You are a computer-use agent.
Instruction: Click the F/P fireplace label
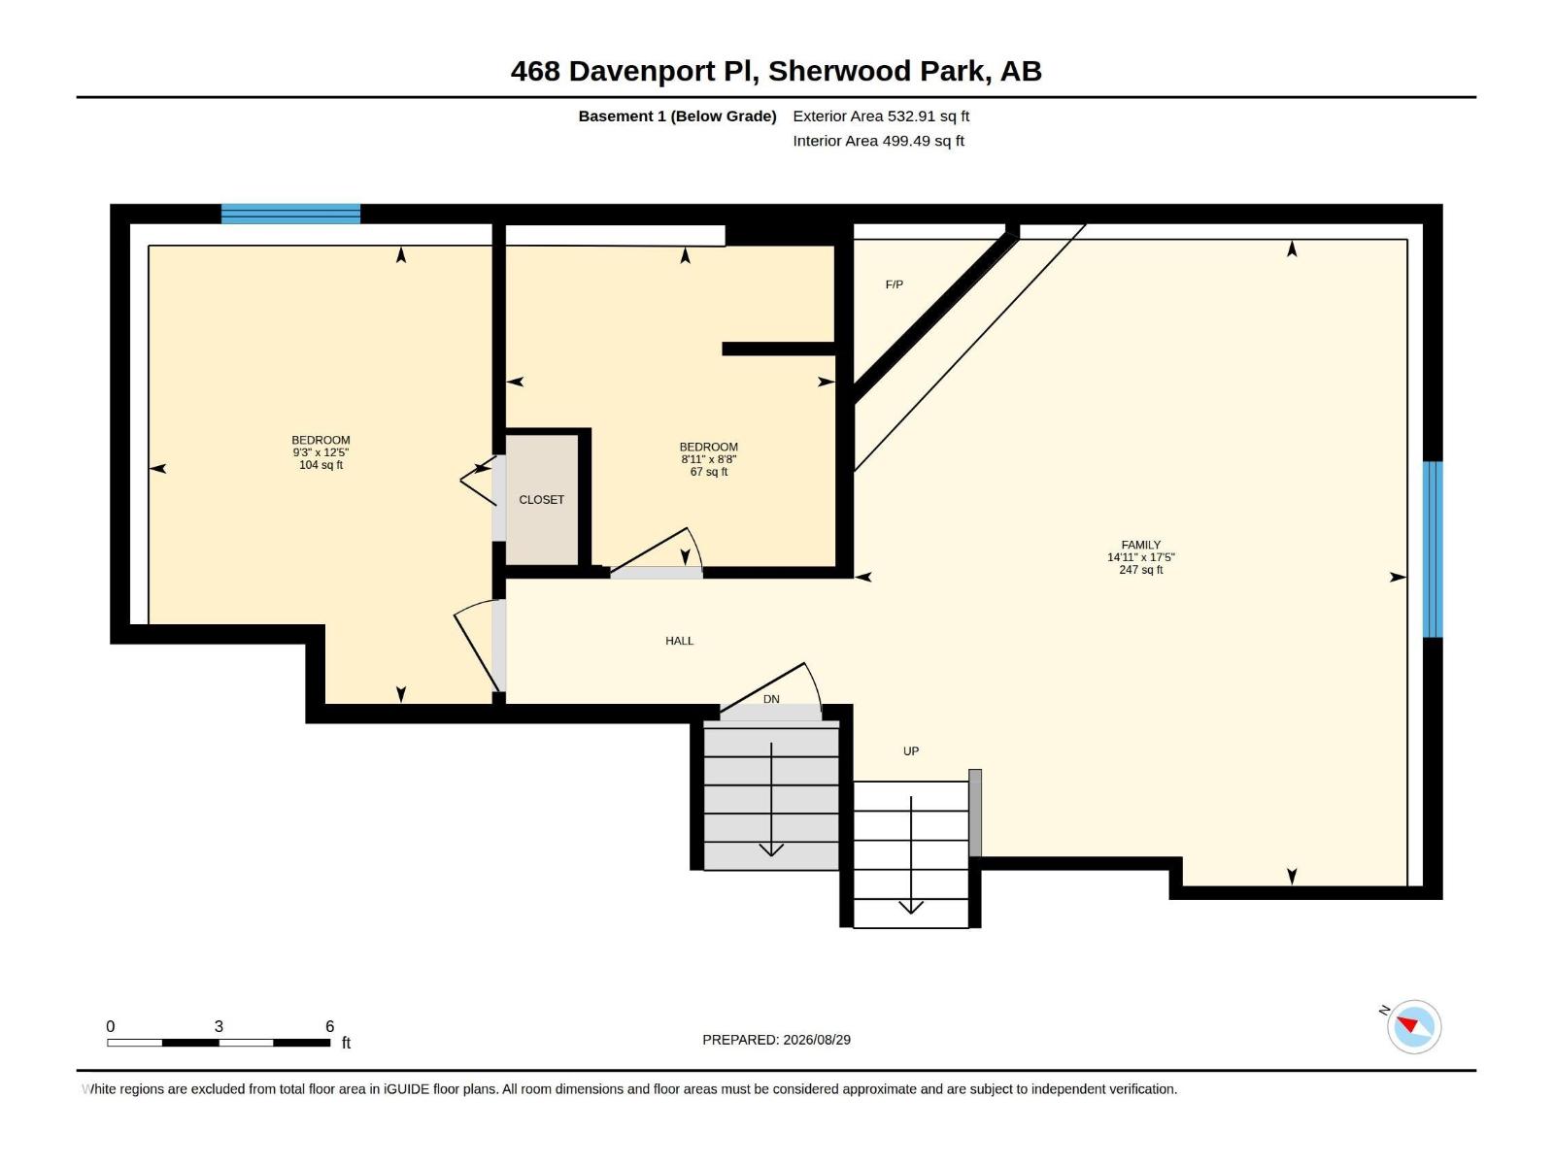point(895,284)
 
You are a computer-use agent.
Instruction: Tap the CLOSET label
point(542,499)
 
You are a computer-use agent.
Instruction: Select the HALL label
point(680,641)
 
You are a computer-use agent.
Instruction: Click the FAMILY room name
point(1140,545)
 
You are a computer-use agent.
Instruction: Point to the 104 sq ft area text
point(321,465)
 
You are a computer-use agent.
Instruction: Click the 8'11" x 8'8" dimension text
point(709,459)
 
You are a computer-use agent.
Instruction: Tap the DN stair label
point(771,699)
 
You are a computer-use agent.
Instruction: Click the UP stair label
point(911,751)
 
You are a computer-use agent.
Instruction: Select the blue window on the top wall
point(291,214)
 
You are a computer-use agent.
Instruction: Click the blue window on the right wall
point(1433,549)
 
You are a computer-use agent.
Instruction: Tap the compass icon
point(1414,1026)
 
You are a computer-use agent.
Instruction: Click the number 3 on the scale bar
point(219,1026)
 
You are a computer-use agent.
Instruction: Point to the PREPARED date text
point(777,1040)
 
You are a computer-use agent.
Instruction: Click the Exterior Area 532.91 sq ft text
point(881,116)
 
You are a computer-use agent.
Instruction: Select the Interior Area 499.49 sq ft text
point(879,141)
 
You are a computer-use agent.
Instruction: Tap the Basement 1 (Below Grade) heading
point(678,116)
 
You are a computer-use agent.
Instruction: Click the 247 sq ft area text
point(1140,570)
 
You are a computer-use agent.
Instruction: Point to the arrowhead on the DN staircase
point(771,849)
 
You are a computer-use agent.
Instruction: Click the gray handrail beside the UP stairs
point(975,814)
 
